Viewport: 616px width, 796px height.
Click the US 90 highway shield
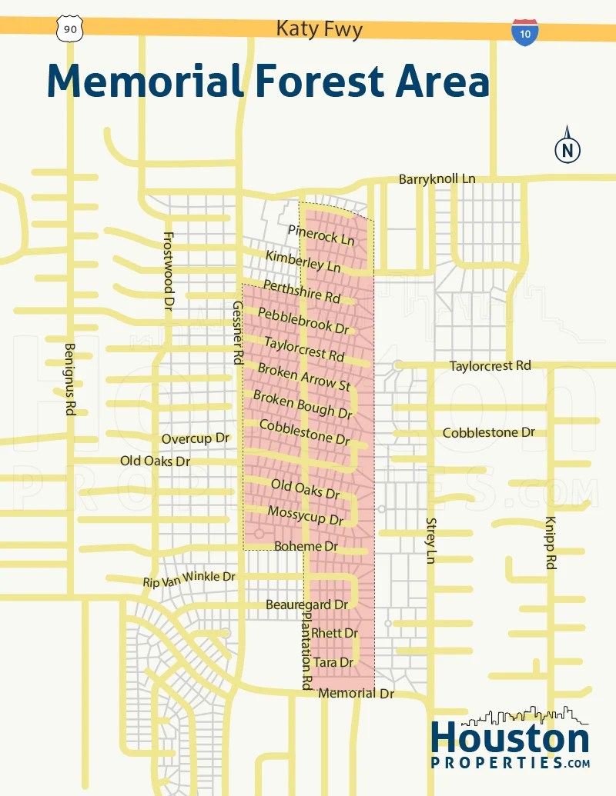69,28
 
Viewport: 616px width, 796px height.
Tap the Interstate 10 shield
524,32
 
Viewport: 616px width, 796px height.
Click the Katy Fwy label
319,30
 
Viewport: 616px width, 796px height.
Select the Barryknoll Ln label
437,179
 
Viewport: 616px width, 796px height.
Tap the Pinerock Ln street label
321,235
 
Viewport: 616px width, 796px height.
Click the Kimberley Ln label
303,261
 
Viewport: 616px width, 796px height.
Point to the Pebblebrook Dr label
303,320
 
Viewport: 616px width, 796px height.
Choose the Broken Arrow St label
303,376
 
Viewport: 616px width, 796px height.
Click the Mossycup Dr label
305,516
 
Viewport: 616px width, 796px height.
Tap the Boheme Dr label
306,546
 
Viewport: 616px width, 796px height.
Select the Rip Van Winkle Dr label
189,579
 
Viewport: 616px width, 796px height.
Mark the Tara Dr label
333,662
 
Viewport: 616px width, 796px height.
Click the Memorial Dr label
356,693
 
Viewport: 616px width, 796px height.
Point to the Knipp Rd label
551,542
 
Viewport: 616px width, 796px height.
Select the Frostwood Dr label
169,271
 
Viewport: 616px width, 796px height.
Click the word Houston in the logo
510,738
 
